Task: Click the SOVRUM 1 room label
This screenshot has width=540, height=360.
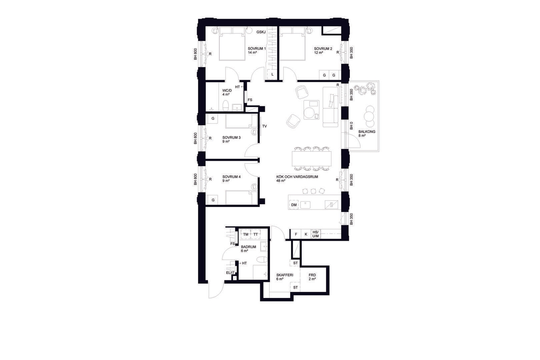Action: point(257,49)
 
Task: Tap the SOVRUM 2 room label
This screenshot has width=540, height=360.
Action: point(323,49)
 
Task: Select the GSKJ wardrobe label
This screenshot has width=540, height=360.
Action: point(261,32)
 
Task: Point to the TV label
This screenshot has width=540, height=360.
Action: point(264,126)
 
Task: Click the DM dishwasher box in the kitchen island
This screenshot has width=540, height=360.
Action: point(294,205)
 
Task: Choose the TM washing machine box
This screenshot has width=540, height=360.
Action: point(245,234)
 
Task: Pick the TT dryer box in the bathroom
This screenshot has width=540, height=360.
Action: point(255,234)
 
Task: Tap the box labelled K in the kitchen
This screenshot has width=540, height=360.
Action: point(306,234)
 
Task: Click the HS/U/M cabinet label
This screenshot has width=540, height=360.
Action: point(315,234)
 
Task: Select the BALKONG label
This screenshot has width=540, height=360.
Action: point(367,132)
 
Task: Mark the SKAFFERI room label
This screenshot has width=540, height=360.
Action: point(285,275)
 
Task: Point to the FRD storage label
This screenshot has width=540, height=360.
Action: point(312,275)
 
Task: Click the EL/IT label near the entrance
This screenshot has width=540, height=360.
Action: point(230,273)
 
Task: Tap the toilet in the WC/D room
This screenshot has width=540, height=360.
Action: point(225,106)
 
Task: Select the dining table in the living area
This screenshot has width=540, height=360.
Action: point(312,158)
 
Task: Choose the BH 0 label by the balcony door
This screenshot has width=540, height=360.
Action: point(351,126)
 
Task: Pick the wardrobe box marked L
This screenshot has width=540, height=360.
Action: point(272,74)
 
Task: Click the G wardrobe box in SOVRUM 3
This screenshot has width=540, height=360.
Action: point(213,119)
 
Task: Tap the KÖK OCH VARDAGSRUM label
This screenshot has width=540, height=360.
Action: point(297,177)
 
